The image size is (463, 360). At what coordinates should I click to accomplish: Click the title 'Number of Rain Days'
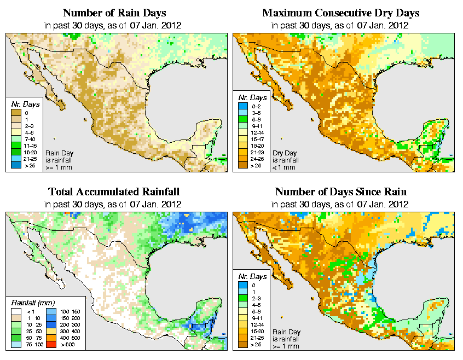click(x=114, y=13)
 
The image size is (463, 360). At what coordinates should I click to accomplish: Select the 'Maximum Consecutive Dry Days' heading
click(x=340, y=13)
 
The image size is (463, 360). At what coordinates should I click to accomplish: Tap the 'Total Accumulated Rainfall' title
click(x=114, y=192)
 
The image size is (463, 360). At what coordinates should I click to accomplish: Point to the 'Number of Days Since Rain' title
click(x=340, y=192)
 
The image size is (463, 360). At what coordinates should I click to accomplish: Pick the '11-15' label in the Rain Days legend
click(x=30, y=146)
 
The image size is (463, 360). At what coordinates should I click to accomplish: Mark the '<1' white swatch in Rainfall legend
click(x=16, y=311)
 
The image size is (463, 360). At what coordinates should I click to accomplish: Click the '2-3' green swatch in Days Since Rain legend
click(x=243, y=298)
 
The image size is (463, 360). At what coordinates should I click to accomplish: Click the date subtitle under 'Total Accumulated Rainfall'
click(x=114, y=204)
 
